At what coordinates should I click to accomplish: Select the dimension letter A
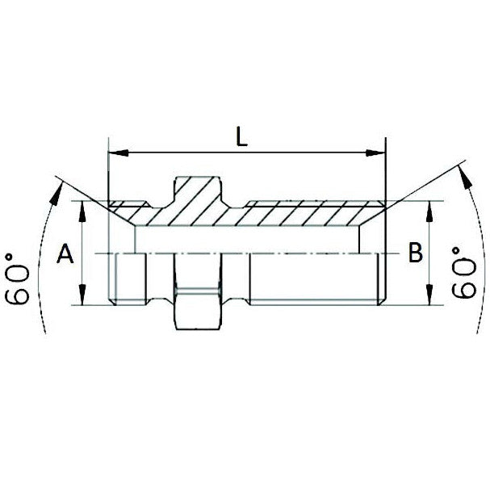coord(66,255)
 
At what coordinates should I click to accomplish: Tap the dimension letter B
coord(416,253)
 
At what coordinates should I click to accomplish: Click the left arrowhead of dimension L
coord(114,151)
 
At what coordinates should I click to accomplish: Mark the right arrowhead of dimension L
coord(380,151)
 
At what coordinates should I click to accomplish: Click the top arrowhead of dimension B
coord(429,208)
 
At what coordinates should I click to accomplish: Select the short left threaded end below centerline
coord(127,279)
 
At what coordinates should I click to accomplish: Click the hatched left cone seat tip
coord(121,207)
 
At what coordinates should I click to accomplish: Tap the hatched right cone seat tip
coord(371,208)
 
